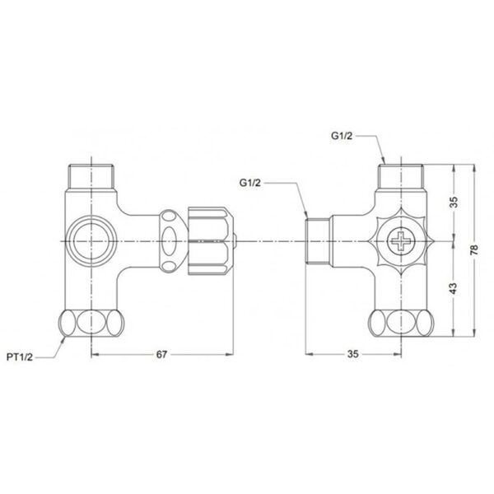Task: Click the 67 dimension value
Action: coord(161,354)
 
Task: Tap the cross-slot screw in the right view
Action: coord(401,241)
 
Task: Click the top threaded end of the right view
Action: coord(400,176)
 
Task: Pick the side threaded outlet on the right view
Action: coord(317,240)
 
